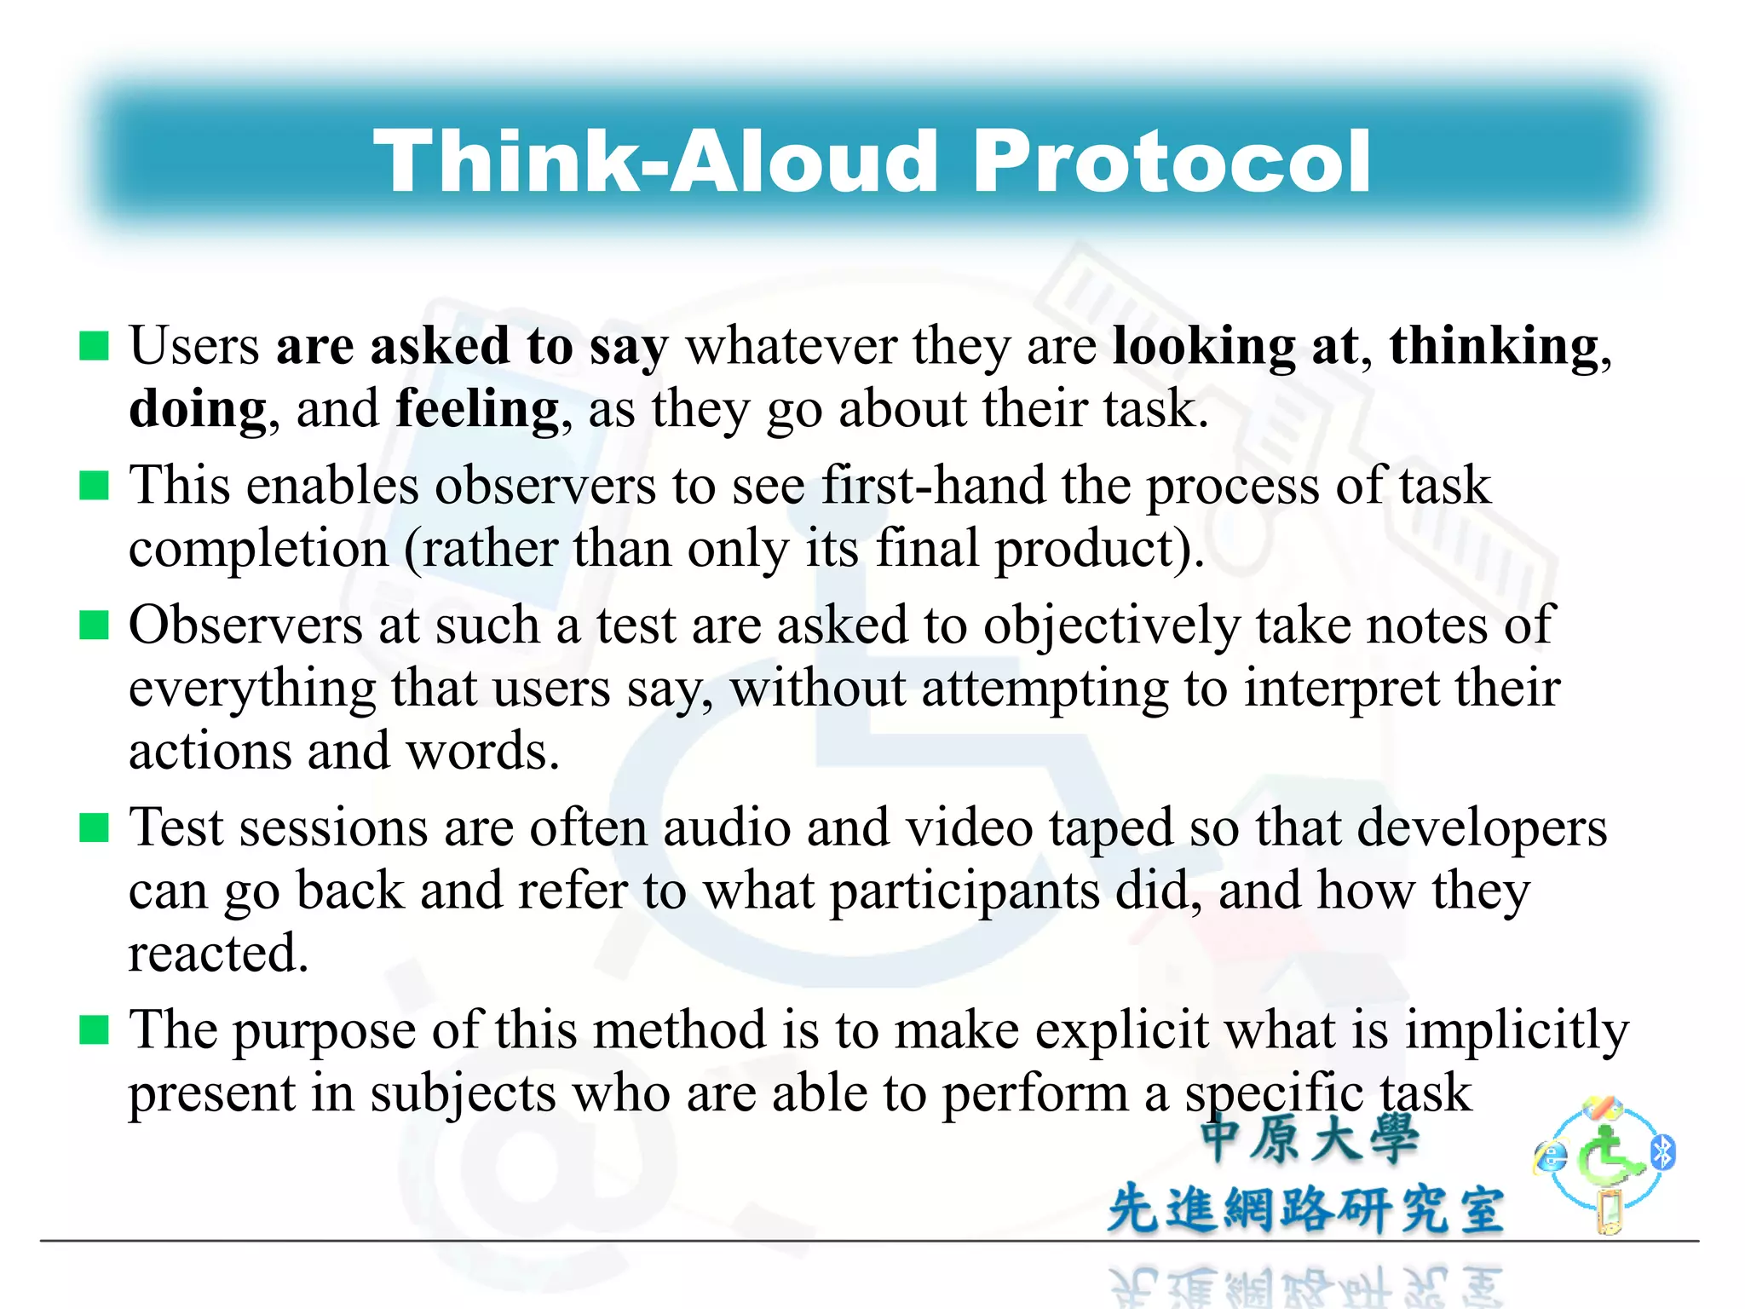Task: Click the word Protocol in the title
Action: click(x=1171, y=162)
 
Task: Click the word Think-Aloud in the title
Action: click(x=656, y=162)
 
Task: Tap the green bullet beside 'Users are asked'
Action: click(x=94, y=346)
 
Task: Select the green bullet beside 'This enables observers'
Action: click(x=94, y=486)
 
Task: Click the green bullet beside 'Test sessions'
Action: click(x=94, y=827)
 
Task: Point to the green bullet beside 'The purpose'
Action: click(x=94, y=1029)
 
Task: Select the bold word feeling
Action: click(x=477, y=410)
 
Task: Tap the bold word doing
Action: click(x=198, y=410)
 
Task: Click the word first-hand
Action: click(x=933, y=486)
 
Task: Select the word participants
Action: click(x=965, y=892)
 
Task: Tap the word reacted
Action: click(x=217, y=953)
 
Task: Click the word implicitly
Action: click(x=1517, y=1031)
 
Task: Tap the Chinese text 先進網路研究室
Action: click(x=1305, y=1208)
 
